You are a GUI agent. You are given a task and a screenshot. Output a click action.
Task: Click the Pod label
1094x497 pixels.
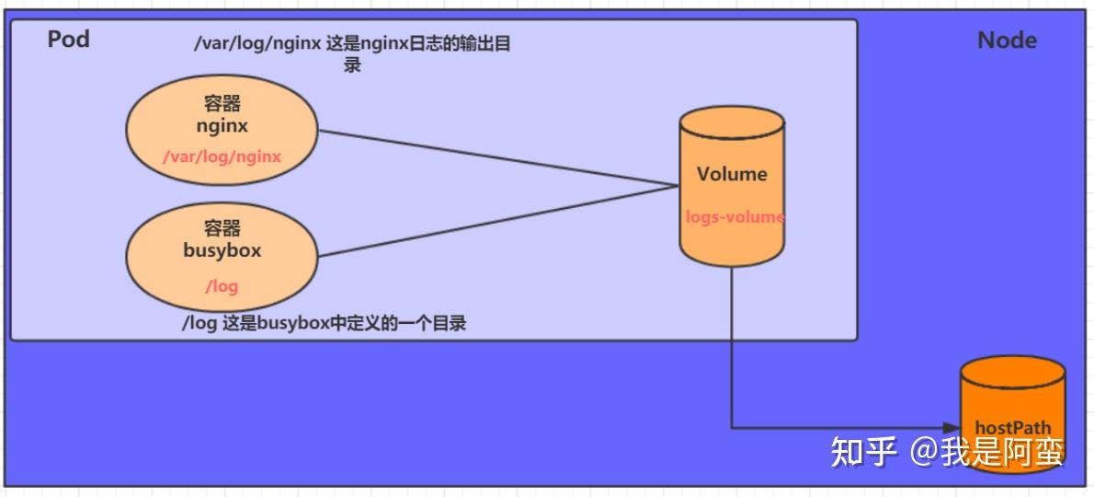(x=68, y=40)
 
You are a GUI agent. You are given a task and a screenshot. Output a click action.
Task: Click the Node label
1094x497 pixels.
(x=1007, y=40)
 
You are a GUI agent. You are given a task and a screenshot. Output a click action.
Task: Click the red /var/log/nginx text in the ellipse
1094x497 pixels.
(x=222, y=156)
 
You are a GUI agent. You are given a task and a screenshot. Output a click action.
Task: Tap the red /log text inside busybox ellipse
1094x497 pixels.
(x=222, y=286)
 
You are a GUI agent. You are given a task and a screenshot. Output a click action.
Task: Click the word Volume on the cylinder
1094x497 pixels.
(x=732, y=174)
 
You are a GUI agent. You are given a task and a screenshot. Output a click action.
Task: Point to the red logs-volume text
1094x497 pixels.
(x=735, y=218)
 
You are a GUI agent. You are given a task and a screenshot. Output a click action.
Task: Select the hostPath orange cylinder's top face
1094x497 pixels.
(x=1012, y=376)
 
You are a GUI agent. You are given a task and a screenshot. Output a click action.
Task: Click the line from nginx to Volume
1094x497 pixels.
(x=496, y=157)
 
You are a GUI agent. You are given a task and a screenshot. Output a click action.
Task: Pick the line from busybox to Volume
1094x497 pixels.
(x=496, y=221)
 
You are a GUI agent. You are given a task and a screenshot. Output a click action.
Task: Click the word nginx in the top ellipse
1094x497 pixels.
(x=222, y=126)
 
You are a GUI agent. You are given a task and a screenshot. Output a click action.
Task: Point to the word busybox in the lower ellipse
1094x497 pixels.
(x=222, y=250)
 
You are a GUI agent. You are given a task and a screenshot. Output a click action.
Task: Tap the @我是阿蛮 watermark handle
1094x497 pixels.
(x=988, y=451)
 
